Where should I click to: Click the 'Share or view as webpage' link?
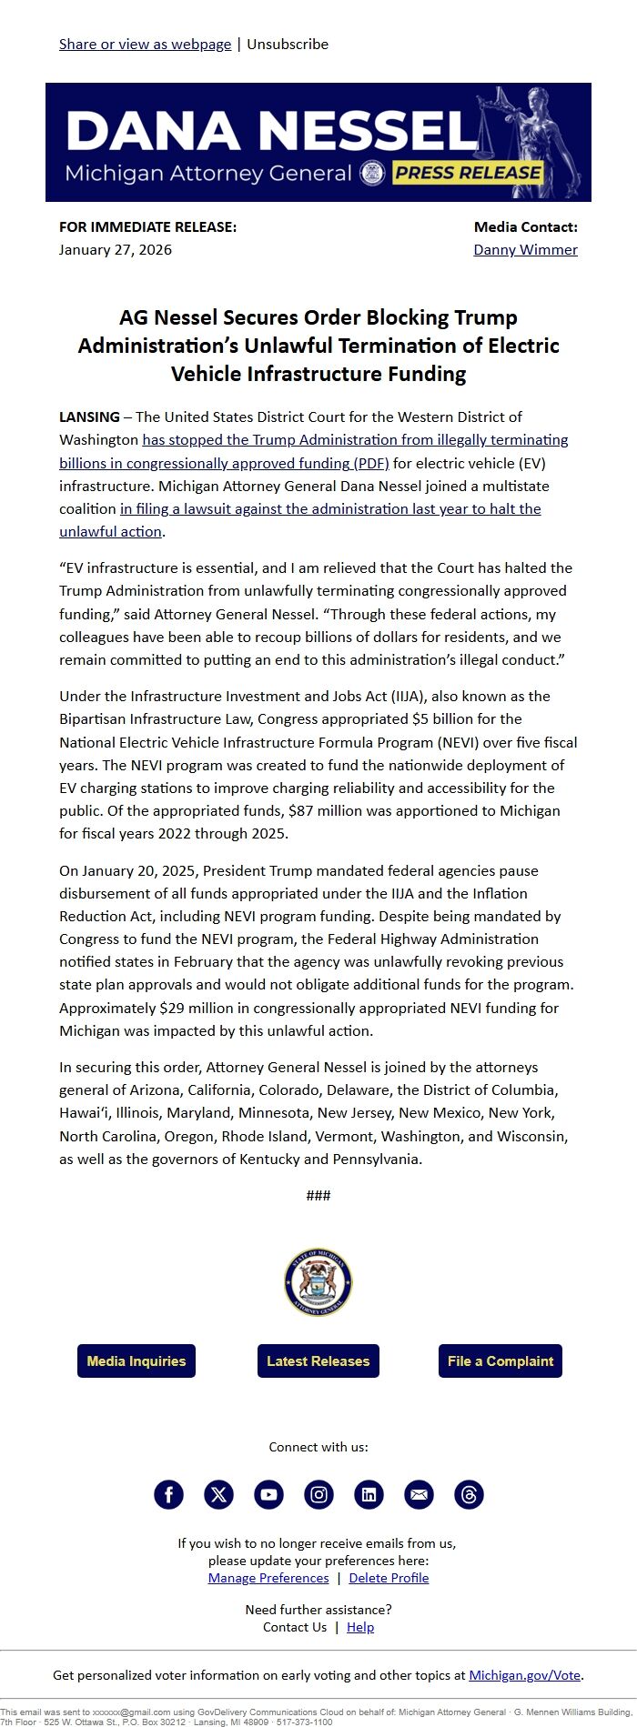(x=145, y=44)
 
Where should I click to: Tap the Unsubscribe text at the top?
(x=288, y=44)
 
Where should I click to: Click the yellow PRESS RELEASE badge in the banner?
(x=468, y=173)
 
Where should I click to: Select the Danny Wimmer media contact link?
(x=525, y=249)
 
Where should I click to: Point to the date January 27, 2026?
(x=116, y=249)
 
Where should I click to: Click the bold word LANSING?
(x=89, y=417)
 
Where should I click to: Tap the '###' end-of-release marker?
(x=318, y=1195)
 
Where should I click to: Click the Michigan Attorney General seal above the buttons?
(x=318, y=1282)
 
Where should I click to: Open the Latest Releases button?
(x=318, y=1361)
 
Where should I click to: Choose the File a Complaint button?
(x=500, y=1361)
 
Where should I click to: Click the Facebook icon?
(x=168, y=1494)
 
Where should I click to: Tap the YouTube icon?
(x=268, y=1494)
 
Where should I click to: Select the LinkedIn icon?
(x=369, y=1494)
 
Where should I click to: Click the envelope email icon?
(x=419, y=1494)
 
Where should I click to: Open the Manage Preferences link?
(x=268, y=1578)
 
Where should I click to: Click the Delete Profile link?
(x=389, y=1578)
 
